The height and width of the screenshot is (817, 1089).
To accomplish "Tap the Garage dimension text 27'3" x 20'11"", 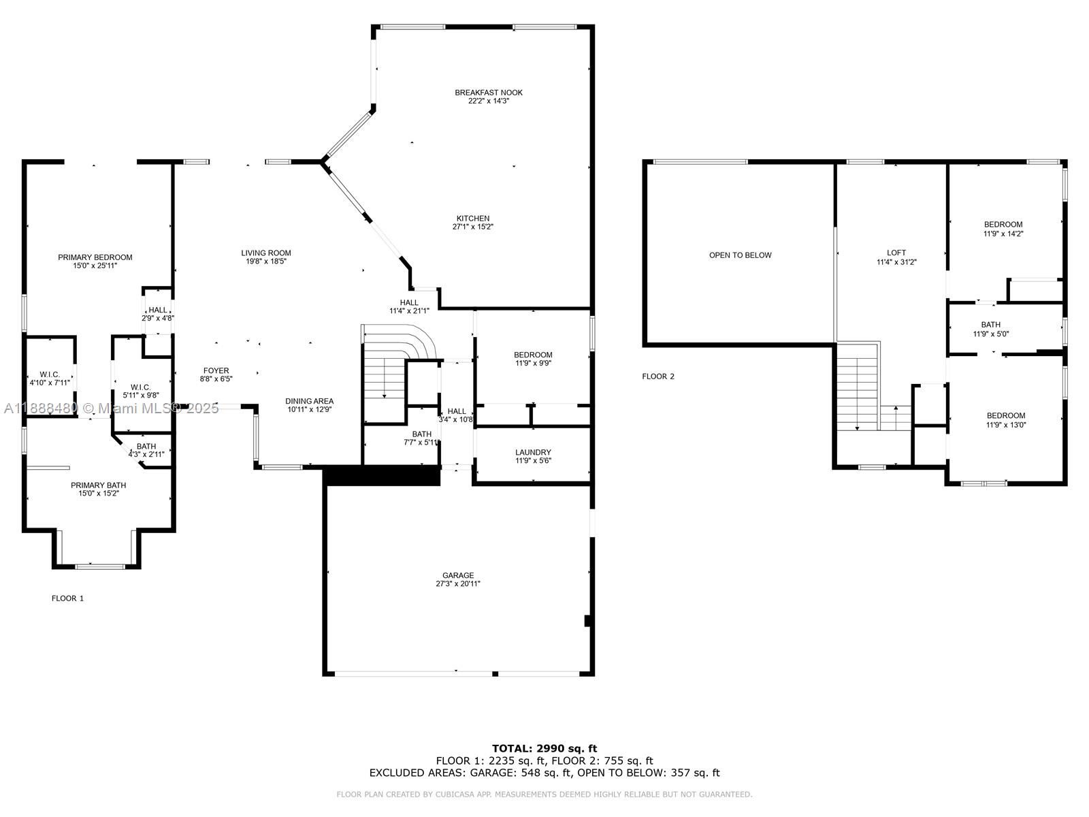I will pyautogui.click(x=458, y=584).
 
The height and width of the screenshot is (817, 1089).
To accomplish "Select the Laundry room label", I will pyautogui.click(x=533, y=452).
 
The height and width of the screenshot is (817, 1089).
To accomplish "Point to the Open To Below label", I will pyautogui.click(x=740, y=255).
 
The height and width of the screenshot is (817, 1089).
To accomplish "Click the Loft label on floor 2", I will pyautogui.click(x=896, y=253).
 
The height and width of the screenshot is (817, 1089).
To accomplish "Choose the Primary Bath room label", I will pyautogui.click(x=98, y=485).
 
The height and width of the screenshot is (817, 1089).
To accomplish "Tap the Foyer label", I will pyautogui.click(x=216, y=371).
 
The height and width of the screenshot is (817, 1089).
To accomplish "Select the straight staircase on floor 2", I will pyautogui.click(x=857, y=388).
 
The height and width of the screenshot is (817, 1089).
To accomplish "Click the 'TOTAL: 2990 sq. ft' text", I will pyautogui.click(x=544, y=748).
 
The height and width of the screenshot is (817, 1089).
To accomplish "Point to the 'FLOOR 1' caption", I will pyautogui.click(x=67, y=598).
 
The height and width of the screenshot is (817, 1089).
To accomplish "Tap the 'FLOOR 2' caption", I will pyautogui.click(x=658, y=377).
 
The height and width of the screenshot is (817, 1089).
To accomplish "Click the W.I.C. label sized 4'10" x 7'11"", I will pyautogui.click(x=49, y=374).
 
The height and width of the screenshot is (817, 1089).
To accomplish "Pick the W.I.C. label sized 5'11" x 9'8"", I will pyautogui.click(x=140, y=387).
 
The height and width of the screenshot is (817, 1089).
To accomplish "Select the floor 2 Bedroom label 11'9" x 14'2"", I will pyautogui.click(x=1003, y=225).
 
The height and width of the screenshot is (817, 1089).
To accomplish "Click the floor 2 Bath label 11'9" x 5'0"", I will pyautogui.click(x=990, y=325).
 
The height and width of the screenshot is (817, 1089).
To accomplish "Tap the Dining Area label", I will pyautogui.click(x=309, y=401).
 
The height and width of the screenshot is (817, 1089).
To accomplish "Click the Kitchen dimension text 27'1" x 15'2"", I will pyautogui.click(x=472, y=227).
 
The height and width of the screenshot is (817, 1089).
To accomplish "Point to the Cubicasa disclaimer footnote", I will pyautogui.click(x=544, y=795).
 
